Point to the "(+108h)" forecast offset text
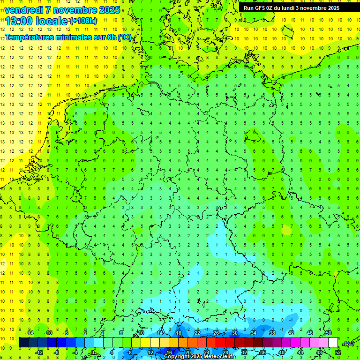coord(83,21)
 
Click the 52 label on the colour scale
coord(338,352)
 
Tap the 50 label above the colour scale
coord(329,333)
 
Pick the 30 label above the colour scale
coord(235,333)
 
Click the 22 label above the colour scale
coord(197,333)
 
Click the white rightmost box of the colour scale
coord(333,343)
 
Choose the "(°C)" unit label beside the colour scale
coord(349,343)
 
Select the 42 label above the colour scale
coord(291,333)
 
